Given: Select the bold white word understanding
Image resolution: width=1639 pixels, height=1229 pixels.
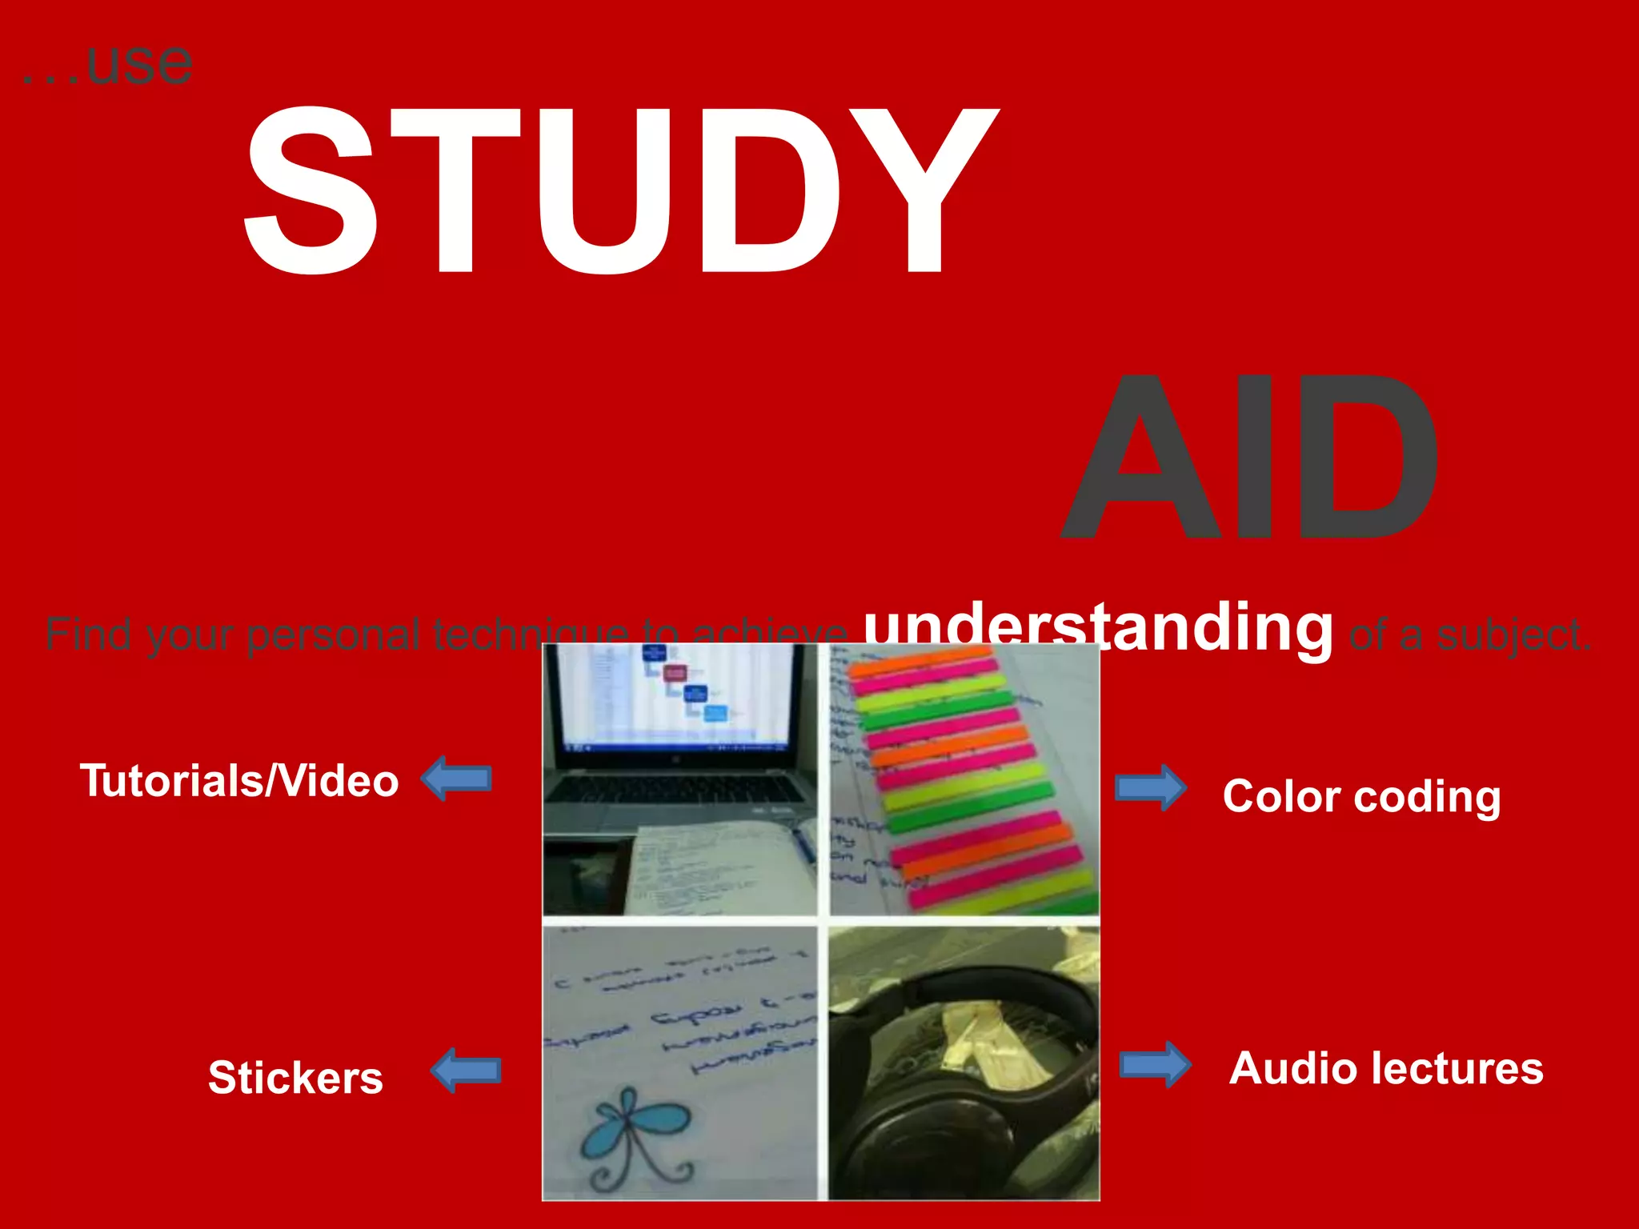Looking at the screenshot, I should click(x=1098, y=628).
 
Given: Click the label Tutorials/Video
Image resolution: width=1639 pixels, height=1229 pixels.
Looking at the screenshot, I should click(x=238, y=780).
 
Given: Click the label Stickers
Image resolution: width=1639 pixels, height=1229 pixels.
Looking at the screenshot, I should click(x=295, y=1077).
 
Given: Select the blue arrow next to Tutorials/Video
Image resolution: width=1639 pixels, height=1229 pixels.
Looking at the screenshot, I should click(x=457, y=778).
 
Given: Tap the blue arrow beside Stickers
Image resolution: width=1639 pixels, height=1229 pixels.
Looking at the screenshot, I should click(x=466, y=1071).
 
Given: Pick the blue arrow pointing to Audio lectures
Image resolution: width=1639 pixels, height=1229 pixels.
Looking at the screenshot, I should click(x=1155, y=1065).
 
